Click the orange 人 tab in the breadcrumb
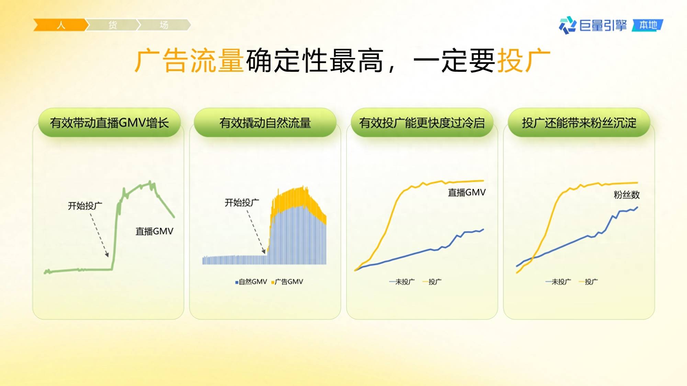(x=60, y=25)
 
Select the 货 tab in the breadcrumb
(x=112, y=25)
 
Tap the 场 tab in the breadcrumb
(x=164, y=25)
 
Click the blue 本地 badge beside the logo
(x=648, y=25)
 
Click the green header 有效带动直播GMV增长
(x=109, y=122)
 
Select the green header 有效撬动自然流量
(x=265, y=122)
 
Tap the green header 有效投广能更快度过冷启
(x=422, y=122)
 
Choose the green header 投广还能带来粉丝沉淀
(x=579, y=122)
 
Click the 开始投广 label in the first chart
(x=85, y=206)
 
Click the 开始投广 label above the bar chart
(x=242, y=203)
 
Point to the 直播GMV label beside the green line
(x=154, y=231)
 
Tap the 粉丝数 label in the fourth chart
(x=627, y=195)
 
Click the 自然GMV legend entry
(x=251, y=282)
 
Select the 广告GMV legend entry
(x=287, y=282)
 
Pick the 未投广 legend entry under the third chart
(x=402, y=282)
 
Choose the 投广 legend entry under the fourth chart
(x=588, y=282)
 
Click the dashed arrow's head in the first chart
(x=107, y=255)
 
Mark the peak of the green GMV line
(x=150, y=182)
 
